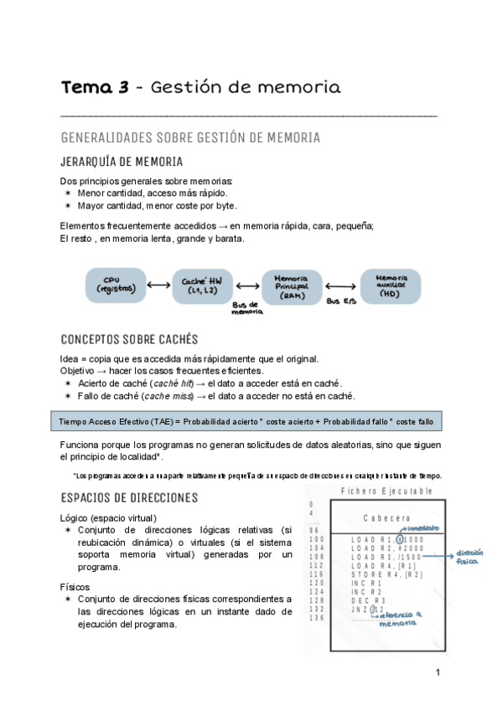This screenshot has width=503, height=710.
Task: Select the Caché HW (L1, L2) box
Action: tap(201, 286)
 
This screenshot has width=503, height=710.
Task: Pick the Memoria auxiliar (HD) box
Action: tap(391, 286)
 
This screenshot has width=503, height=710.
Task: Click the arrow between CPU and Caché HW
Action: tap(158, 286)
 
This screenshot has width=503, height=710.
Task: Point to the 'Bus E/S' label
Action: tap(340, 301)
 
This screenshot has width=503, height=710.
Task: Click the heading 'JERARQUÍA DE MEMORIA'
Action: tap(122, 162)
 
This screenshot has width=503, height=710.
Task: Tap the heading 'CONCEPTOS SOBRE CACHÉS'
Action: tap(129, 339)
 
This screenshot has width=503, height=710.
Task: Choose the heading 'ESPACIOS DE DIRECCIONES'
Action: tap(129, 497)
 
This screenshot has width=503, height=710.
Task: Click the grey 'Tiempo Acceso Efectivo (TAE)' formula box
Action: tap(246, 420)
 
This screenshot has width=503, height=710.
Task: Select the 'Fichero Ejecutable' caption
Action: tap(386, 491)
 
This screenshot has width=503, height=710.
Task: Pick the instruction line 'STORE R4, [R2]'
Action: tap(387, 575)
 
